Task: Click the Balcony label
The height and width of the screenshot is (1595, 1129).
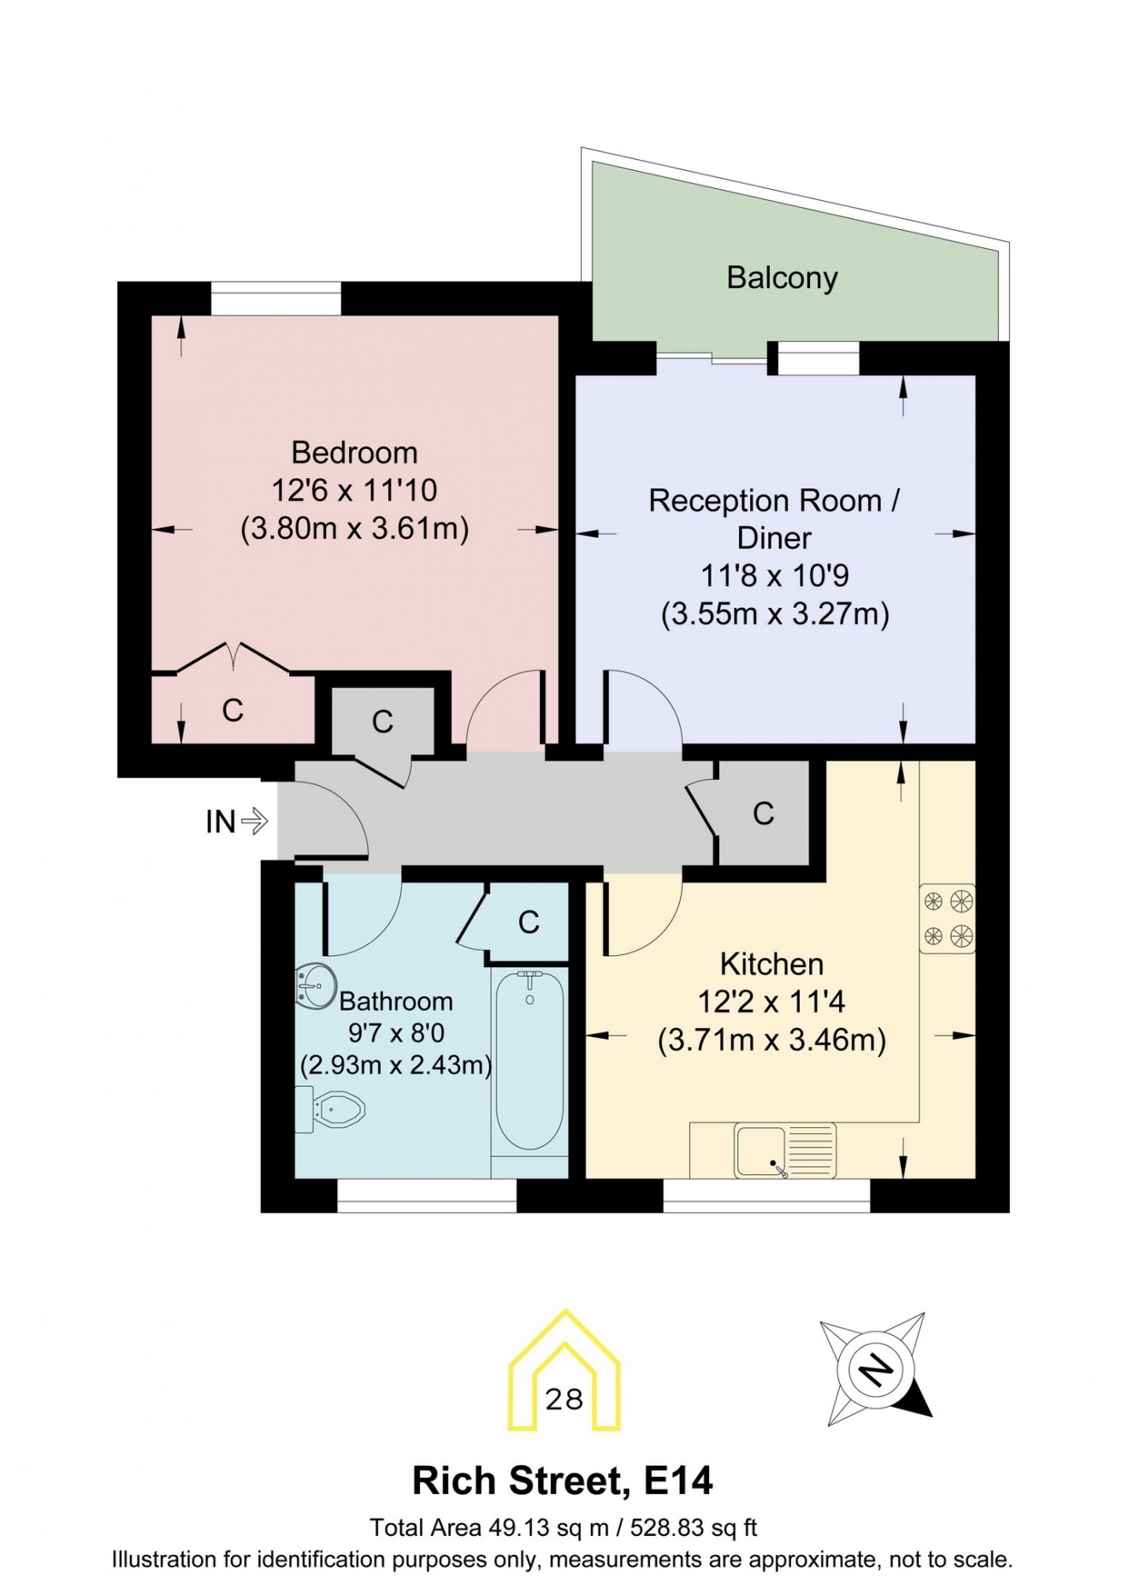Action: [782, 278]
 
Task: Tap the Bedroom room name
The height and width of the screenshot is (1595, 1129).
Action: [354, 452]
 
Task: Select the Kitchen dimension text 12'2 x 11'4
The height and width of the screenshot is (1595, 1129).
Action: [771, 1001]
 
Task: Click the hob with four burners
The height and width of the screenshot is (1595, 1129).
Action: [947, 919]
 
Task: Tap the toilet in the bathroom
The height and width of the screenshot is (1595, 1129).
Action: [334, 1110]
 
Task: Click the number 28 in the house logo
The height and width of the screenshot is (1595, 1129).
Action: [564, 1400]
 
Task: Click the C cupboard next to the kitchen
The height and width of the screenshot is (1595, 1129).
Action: [763, 813]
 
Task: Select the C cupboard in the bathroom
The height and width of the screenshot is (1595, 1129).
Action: [529, 922]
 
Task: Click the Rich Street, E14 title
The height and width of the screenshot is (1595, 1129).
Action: [562, 1481]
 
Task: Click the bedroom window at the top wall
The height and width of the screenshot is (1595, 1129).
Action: [275, 298]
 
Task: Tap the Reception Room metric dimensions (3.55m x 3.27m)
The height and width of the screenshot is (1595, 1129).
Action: [775, 614]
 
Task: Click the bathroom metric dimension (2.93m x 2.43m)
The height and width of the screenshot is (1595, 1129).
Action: [395, 1066]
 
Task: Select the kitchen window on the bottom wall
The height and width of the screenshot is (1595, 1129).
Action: [766, 1195]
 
